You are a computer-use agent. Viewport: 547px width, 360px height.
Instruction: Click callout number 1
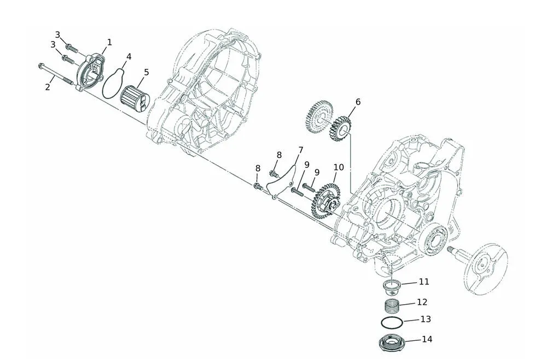[x=109, y=42]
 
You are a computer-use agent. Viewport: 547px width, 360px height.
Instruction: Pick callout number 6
[x=358, y=102]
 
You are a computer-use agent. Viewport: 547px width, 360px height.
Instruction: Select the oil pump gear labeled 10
[x=325, y=202]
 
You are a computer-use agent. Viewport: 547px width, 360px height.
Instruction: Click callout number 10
[x=339, y=167]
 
